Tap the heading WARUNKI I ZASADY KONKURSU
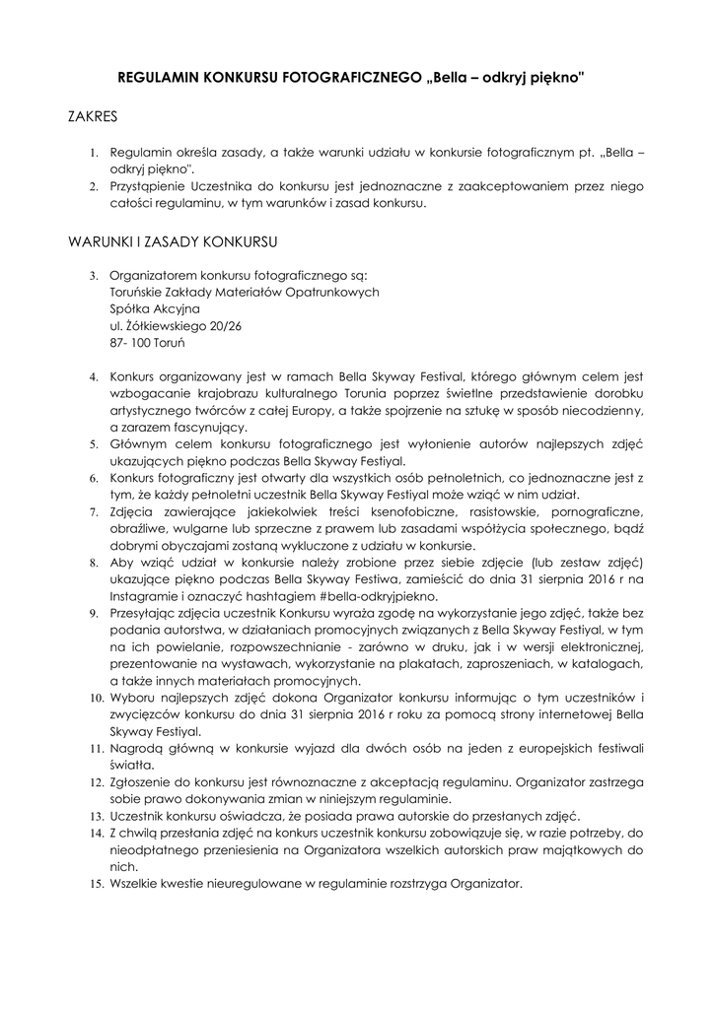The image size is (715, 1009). [x=173, y=241]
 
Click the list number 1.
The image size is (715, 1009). [x=94, y=155]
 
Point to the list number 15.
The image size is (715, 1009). [x=96, y=885]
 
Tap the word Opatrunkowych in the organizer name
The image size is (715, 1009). [x=331, y=292]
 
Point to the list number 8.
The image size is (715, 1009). [x=94, y=562]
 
